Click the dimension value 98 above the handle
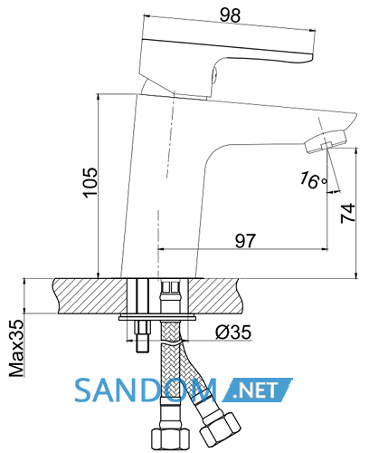[x=230, y=14]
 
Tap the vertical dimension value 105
[x=90, y=183]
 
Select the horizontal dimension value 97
[x=245, y=241]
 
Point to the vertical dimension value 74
[x=348, y=213]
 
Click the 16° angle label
[x=313, y=180]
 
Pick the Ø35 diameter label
[x=233, y=333]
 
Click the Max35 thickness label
[x=16, y=349]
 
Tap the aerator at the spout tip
[x=326, y=141]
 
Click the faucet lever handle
[x=226, y=59]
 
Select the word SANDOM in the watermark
[x=146, y=390]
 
